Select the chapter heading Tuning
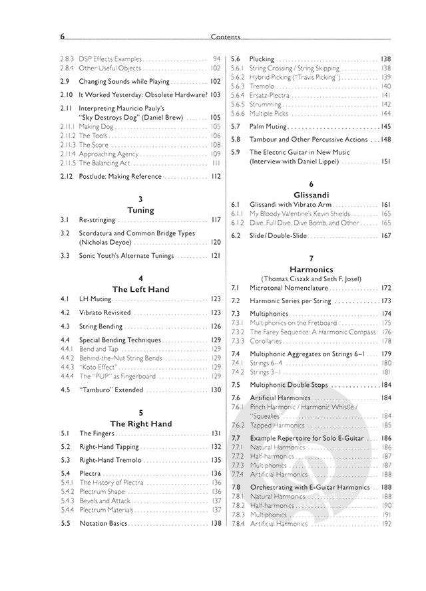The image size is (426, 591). click(140, 210)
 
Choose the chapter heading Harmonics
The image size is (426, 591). click(310, 270)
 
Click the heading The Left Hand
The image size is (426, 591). click(140, 289)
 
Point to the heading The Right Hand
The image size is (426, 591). click(140, 423)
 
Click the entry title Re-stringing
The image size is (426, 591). click(97, 220)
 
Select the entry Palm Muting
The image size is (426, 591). click(269, 126)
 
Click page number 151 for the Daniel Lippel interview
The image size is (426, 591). click(385, 162)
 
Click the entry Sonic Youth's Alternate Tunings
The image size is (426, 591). click(126, 255)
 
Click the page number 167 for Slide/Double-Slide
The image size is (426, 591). click(385, 235)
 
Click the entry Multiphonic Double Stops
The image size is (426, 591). click(292, 385)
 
